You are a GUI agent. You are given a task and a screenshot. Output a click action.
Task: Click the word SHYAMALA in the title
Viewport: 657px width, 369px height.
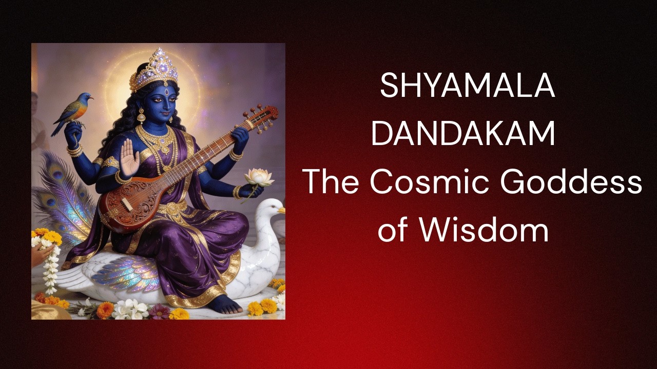(x=467, y=86)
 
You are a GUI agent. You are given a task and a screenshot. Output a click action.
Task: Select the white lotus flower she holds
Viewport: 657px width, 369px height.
(x=259, y=177)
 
